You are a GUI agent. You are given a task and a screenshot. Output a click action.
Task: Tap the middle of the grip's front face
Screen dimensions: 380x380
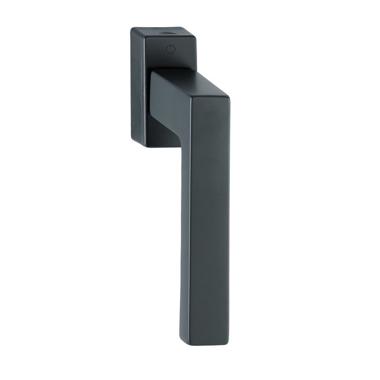click(x=209, y=228)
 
